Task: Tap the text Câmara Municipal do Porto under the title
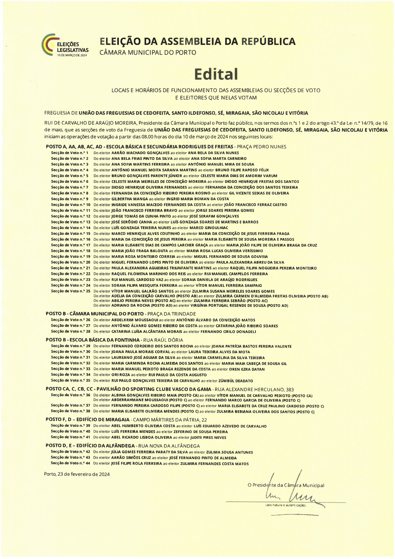point(148,53)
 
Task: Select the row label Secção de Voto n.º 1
point(70,153)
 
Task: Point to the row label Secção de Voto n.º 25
point(71,291)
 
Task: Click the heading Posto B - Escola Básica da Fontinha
point(92,340)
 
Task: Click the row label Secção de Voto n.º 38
point(71,412)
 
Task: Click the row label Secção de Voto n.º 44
point(71,464)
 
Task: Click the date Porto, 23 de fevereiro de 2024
point(77,474)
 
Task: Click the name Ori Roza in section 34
point(120,375)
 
